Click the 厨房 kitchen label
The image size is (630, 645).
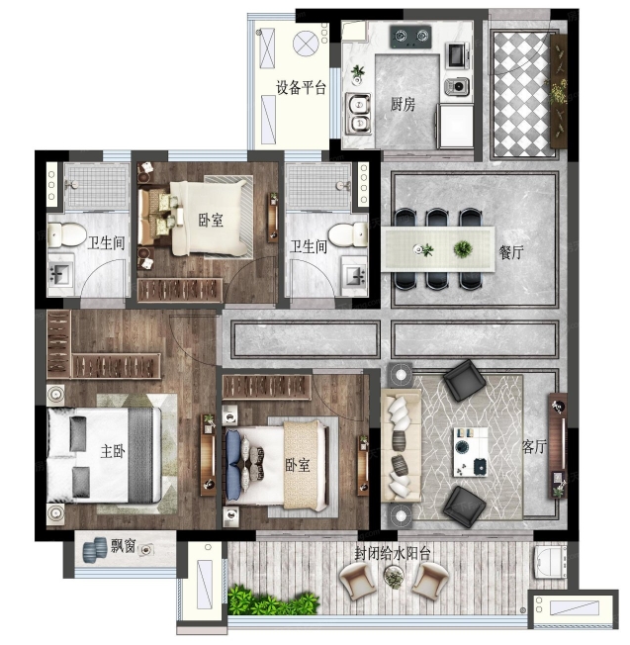coord(403,105)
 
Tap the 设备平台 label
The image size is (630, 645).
coord(301,88)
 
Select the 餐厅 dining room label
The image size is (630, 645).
coord(510,252)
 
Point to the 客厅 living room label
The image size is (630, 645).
coord(534,446)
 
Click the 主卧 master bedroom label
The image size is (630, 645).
coord(113,452)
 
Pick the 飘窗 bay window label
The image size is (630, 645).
coord(124,546)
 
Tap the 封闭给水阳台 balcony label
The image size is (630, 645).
coord(393,553)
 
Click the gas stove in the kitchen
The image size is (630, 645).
coord(410,37)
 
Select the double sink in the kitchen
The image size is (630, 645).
coord(358,114)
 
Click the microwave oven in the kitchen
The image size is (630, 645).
coord(457,55)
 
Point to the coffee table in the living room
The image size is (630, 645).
coord(471,452)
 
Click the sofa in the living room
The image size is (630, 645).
coord(401,445)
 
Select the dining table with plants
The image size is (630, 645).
coord(438,249)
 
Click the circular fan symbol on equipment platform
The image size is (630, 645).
coord(306,43)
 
